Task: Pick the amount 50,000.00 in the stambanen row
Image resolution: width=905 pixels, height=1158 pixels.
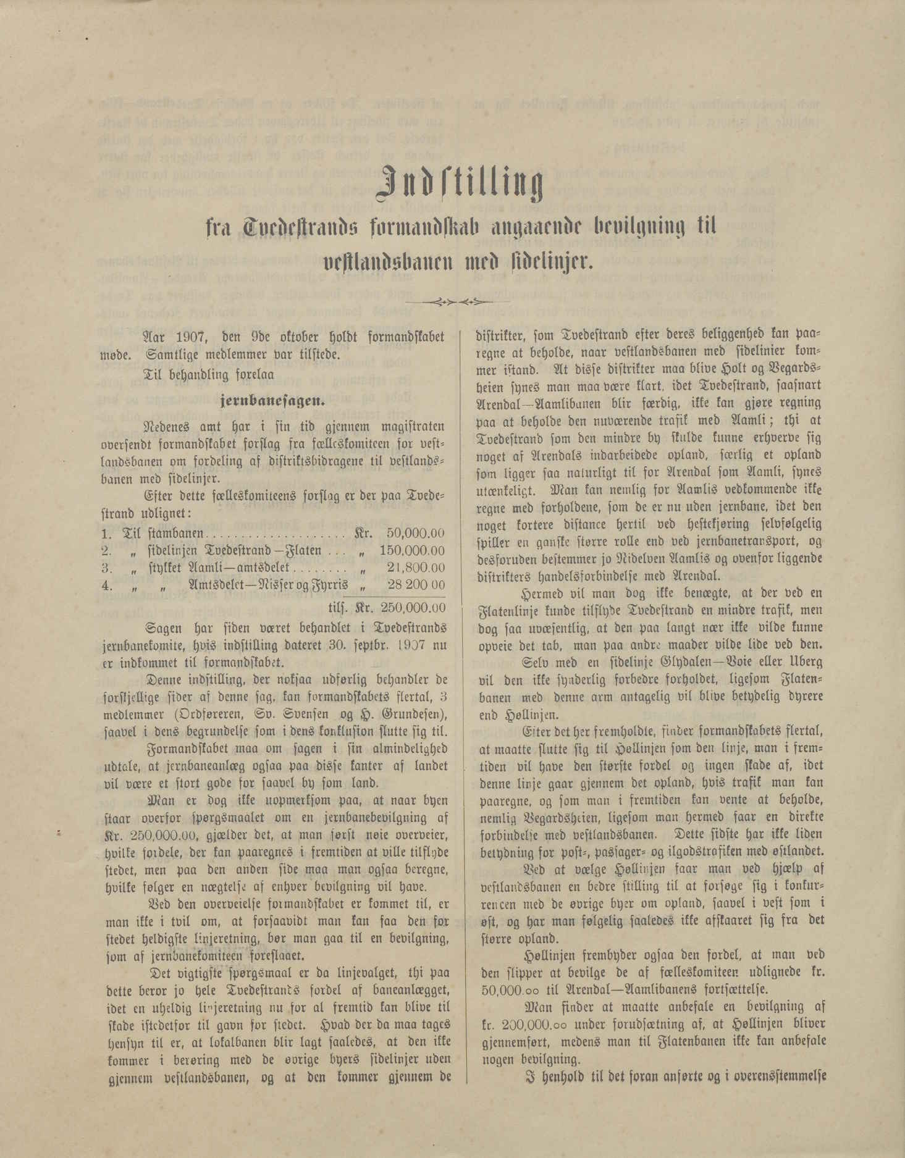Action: (x=415, y=534)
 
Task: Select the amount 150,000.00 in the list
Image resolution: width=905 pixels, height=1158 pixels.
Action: (x=412, y=550)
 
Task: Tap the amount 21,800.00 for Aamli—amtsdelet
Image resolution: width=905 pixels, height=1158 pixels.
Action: (x=415, y=567)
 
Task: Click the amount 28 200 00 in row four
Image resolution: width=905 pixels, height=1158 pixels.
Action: (x=415, y=584)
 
